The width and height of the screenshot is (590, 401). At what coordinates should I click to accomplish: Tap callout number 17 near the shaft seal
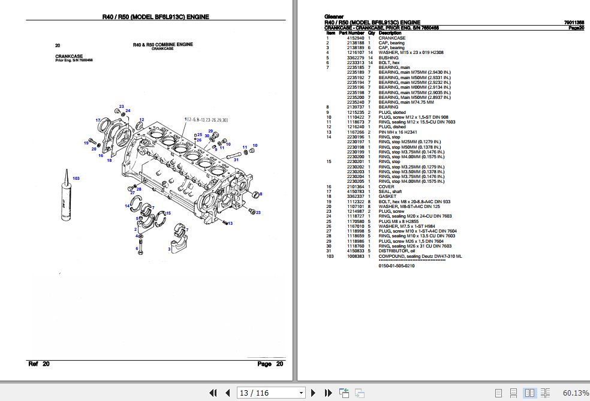point(98,120)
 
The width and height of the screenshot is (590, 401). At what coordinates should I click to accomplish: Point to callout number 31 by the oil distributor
point(236,159)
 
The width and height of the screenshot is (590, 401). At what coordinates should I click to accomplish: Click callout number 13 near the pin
point(230,222)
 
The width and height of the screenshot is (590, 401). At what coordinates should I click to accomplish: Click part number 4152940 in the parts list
point(355,38)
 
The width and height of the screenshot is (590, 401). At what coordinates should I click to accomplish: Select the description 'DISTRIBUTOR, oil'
point(396,251)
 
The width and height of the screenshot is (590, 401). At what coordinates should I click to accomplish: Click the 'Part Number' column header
point(351,33)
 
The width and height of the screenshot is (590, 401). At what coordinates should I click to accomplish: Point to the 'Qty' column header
point(371,33)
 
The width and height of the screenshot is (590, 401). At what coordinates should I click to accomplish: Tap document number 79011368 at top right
point(574,23)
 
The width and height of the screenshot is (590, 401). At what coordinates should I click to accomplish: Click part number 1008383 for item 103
point(355,256)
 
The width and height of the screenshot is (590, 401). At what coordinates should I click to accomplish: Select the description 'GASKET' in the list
point(388,197)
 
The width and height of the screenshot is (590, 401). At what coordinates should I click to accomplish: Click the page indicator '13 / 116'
point(254,393)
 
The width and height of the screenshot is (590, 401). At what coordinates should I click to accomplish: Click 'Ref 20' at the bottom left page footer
point(40,364)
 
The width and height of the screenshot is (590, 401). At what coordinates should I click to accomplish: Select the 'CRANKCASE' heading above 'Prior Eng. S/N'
point(69,56)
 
